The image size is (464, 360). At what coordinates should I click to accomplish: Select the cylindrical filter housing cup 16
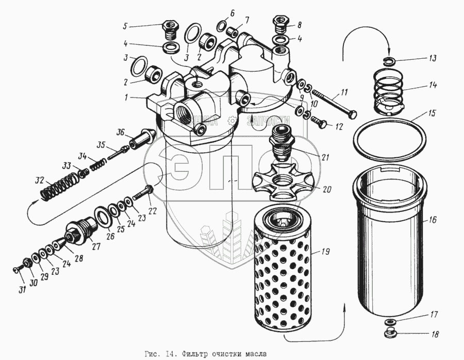point(390,242)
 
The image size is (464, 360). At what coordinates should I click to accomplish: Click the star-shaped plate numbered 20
point(280,183)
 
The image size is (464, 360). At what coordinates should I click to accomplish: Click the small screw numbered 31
point(17,268)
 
